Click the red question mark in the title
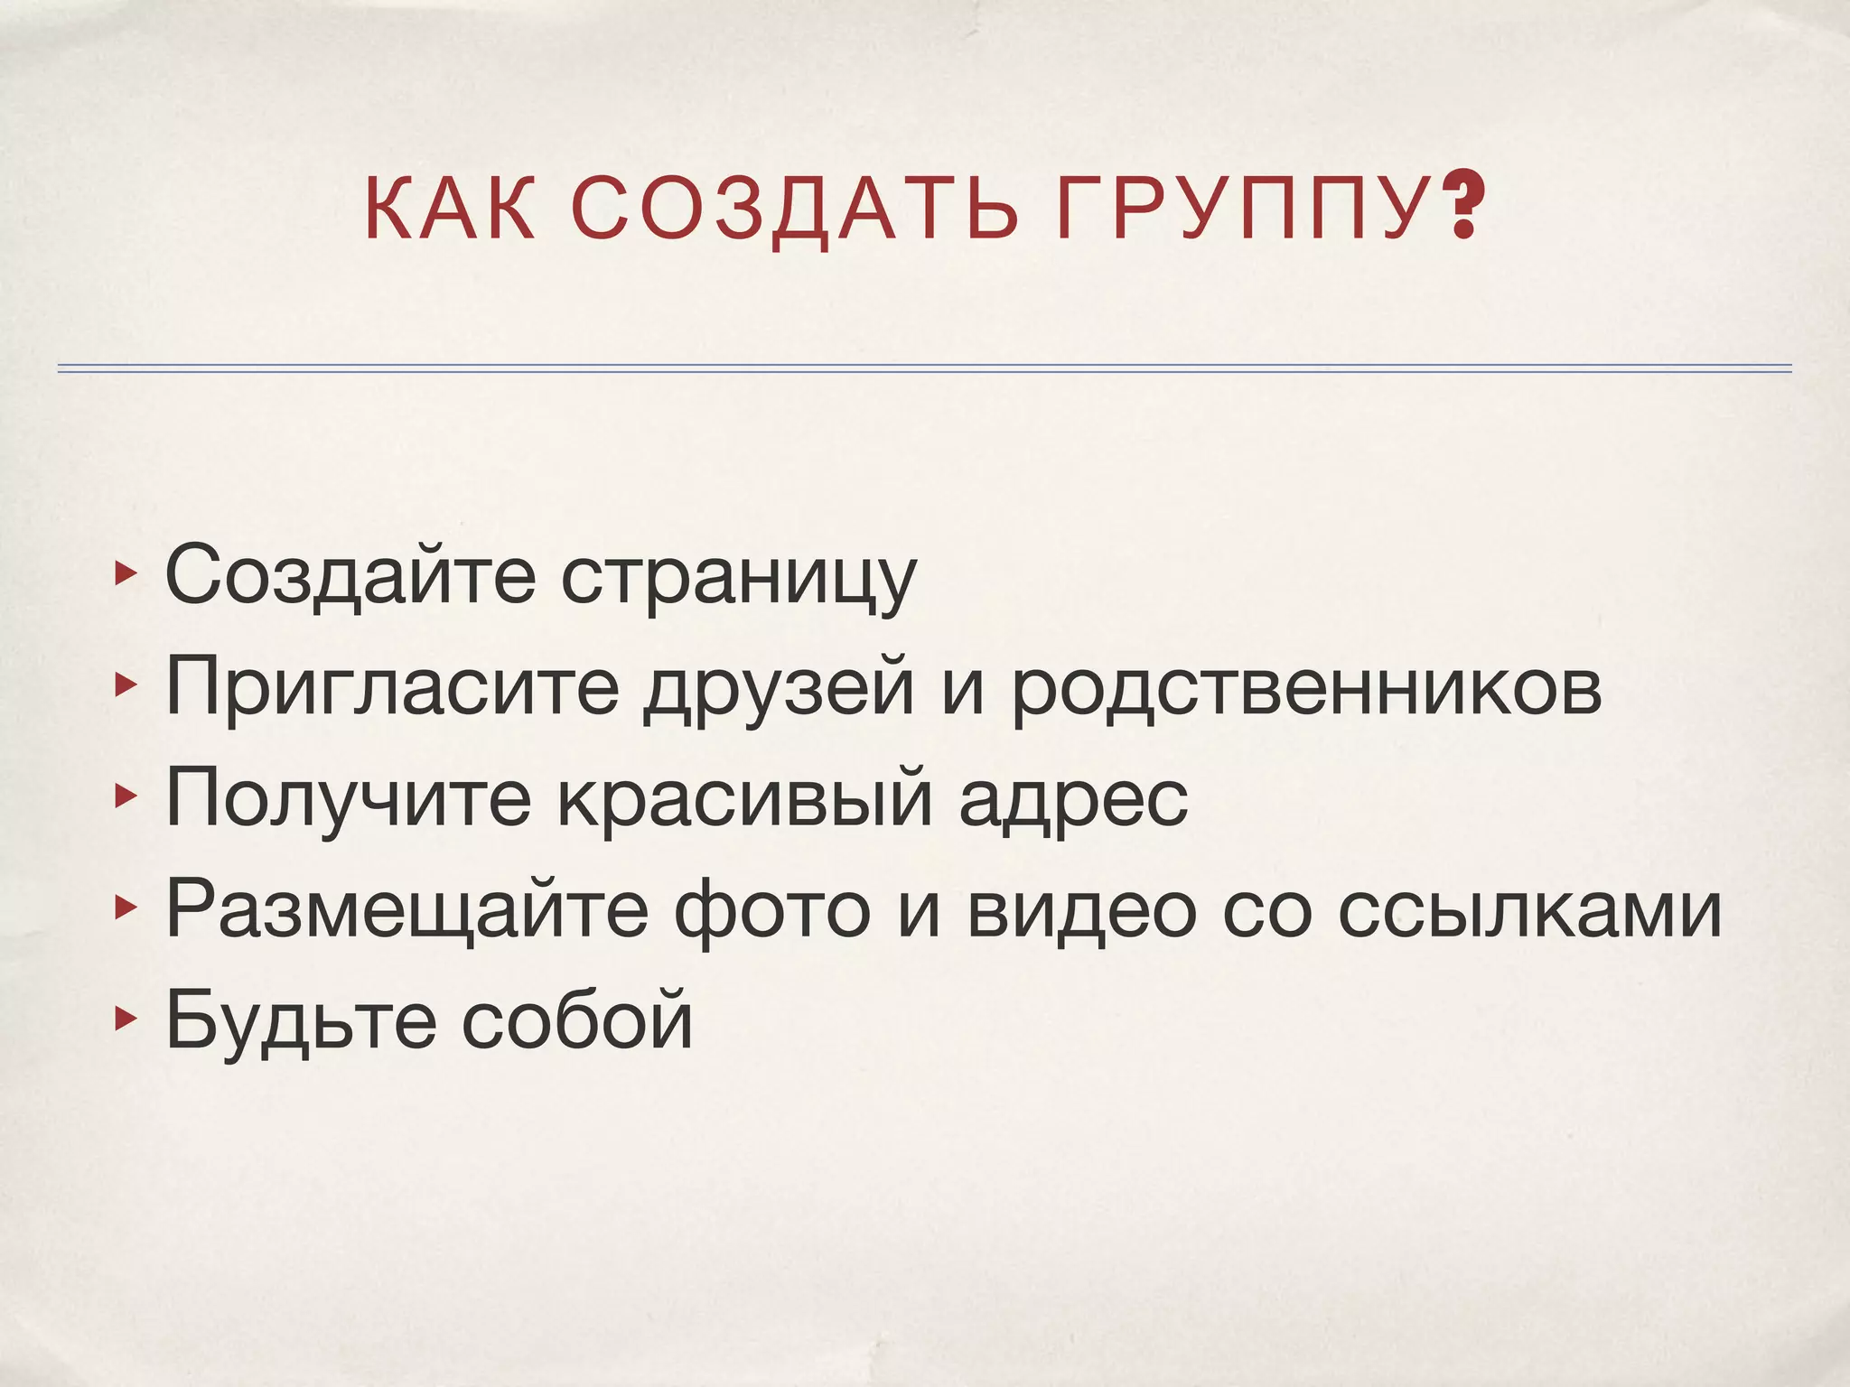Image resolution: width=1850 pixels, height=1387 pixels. [x=1464, y=209]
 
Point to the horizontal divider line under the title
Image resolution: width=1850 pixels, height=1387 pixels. [x=924, y=368]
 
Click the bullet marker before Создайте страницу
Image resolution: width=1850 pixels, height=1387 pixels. [x=124, y=572]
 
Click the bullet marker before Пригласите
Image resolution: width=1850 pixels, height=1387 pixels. [x=124, y=686]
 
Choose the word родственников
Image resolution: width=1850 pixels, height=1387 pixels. [x=1305, y=688]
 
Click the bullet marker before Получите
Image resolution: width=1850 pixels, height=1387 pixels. [x=124, y=796]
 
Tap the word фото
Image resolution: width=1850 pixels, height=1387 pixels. [x=772, y=911]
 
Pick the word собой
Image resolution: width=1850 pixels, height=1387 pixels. [x=577, y=1019]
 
